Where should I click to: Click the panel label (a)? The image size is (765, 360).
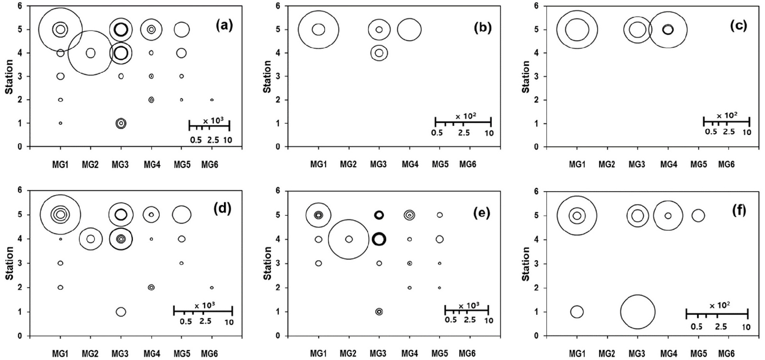(224, 25)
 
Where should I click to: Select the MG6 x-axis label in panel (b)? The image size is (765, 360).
(468, 165)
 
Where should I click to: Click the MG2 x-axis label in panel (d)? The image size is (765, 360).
(90, 353)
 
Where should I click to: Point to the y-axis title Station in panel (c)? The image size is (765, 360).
(526, 76)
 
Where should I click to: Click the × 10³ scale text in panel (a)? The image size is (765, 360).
(213, 120)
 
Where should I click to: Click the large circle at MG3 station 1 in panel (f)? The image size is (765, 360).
(638, 312)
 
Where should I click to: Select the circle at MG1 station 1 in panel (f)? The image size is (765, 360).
(577, 312)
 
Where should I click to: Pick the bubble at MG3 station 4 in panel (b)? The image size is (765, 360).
(379, 53)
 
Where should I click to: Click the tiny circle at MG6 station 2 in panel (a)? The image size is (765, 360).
(212, 100)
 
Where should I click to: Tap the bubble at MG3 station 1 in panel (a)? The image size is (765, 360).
(121, 123)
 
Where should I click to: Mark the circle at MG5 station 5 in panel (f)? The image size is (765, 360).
(698, 215)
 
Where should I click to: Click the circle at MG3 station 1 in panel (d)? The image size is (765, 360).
(121, 312)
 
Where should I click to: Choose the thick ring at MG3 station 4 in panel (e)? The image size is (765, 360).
(379, 239)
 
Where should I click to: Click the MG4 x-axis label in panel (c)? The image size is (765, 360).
(668, 165)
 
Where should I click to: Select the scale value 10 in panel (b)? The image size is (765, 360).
(488, 133)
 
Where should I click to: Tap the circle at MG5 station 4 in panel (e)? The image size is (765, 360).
(440, 239)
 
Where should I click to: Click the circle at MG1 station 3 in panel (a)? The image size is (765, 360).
(60, 76)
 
